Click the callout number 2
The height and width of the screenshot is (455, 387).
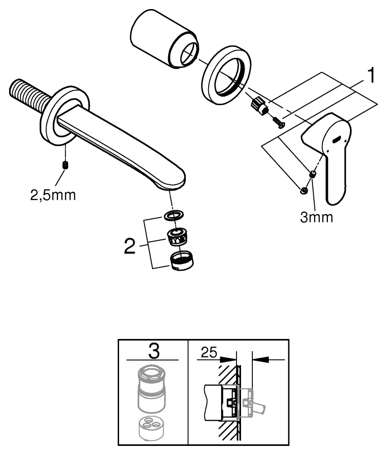coord(130,247)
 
